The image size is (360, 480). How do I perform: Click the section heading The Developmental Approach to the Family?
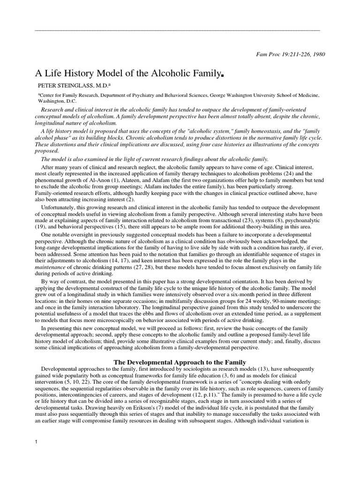pos(180,362)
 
